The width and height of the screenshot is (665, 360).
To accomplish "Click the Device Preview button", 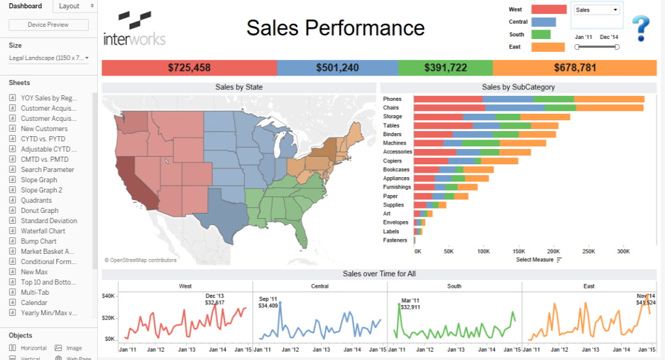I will click(x=49, y=25).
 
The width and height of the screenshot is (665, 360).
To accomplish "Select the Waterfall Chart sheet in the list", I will click(x=43, y=231).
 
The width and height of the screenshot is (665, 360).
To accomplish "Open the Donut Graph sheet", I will click(x=40, y=210).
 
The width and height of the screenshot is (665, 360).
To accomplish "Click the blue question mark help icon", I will click(x=641, y=29).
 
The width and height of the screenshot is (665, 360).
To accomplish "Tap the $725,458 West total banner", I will click(x=189, y=68).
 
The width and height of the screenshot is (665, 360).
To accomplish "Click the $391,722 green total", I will click(x=445, y=68).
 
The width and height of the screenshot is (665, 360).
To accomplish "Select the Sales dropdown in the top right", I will click(x=597, y=10).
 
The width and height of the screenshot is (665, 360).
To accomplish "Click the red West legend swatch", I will click(x=549, y=10).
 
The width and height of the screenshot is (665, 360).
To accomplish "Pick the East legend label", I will click(x=515, y=47).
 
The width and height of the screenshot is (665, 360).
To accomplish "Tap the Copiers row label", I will click(x=392, y=161).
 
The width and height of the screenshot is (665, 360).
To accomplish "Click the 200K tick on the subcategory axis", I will click(x=553, y=252).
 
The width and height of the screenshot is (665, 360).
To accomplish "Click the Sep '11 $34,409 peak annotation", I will click(x=269, y=302).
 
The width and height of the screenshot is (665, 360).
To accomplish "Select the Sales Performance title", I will click(x=335, y=28).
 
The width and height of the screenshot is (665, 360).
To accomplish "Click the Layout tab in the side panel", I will click(x=69, y=6).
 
